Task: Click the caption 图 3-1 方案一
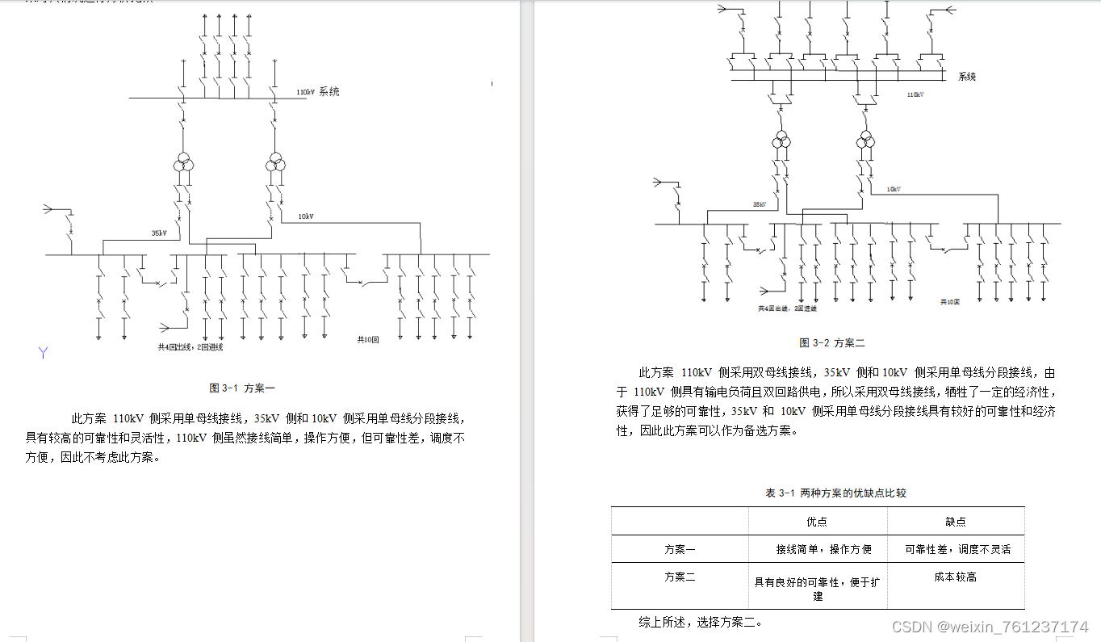pos(242,388)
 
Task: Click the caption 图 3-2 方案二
pos(831,342)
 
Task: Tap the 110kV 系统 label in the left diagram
pos(317,91)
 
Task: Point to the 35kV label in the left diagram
pos(159,233)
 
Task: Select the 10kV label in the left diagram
pos(306,216)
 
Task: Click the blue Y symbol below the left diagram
pos(44,352)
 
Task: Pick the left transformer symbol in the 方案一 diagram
pos(184,165)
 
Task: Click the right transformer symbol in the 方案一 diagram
pos(276,165)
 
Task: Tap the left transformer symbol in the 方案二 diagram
pos(780,141)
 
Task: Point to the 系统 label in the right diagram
pos(967,77)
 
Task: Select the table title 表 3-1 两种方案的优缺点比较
pos(835,493)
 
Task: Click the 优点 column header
pos(817,522)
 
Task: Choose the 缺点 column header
pos(956,522)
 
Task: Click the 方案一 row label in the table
pos(680,549)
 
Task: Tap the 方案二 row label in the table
pos(680,577)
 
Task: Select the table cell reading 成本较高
pos(956,577)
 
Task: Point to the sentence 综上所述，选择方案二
pos(700,622)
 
